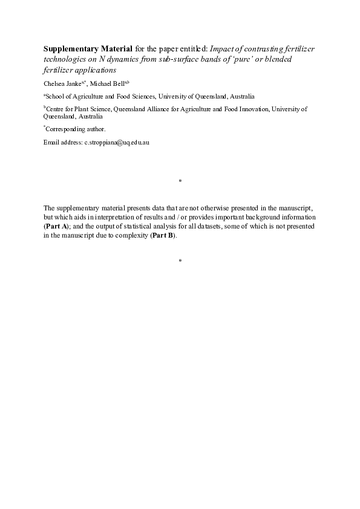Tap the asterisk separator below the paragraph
click(x=180, y=261)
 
